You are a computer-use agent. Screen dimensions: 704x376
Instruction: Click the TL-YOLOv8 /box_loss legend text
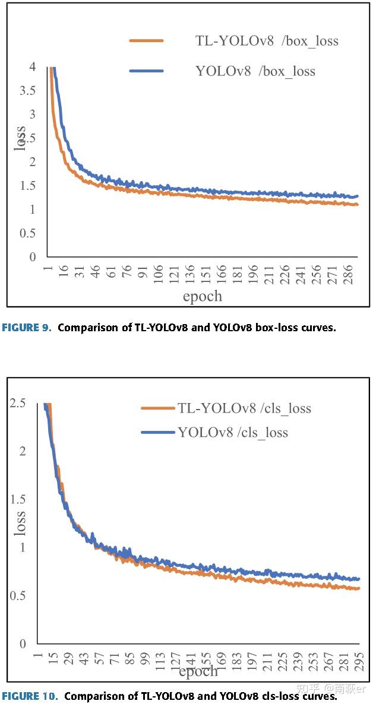[267, 41]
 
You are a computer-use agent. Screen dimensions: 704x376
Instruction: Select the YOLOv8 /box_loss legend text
[255, 72]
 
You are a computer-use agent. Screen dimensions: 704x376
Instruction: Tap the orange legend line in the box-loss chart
[146, 41]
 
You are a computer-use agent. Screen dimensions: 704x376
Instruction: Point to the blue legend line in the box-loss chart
[146, 71]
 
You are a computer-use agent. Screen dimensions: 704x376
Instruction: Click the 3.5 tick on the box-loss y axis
[27, 90]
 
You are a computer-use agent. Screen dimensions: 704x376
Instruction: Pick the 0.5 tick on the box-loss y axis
[27, 233]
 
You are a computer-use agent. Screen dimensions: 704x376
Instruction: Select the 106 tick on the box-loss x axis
[158, 275]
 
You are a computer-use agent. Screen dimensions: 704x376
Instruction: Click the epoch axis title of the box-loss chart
[202, 296]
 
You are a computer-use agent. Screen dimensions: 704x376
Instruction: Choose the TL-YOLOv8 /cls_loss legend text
[244, 408]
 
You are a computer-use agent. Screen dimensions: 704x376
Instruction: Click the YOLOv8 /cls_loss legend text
[233, 432]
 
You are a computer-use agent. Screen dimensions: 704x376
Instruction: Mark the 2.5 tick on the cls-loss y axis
[18, 404]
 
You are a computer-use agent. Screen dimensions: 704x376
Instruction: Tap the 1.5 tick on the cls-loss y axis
[18, 499]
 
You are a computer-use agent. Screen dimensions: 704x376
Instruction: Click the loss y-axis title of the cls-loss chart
[20, 523]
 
